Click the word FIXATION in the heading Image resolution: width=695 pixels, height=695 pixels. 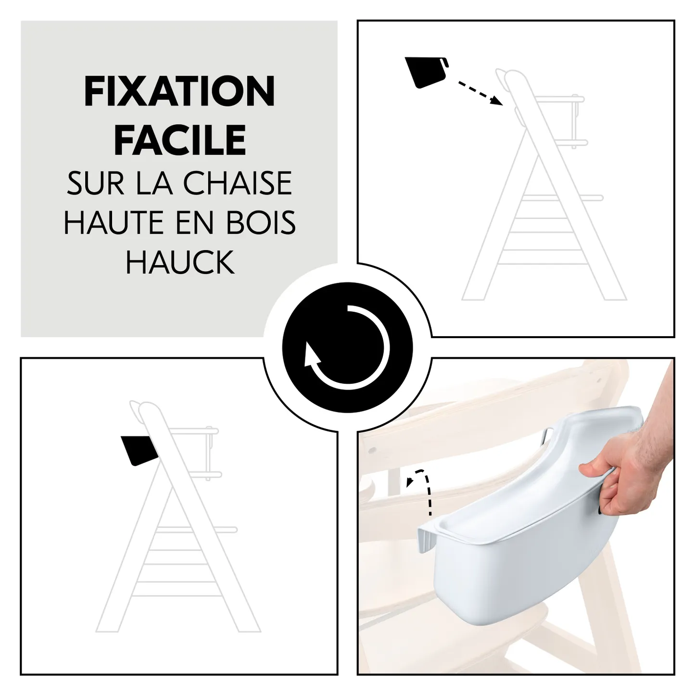179,92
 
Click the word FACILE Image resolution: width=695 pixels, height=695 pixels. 180,140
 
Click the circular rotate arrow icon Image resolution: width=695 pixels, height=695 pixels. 347,347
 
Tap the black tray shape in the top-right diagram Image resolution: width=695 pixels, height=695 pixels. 425,73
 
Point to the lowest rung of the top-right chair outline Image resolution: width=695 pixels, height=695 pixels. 544,250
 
